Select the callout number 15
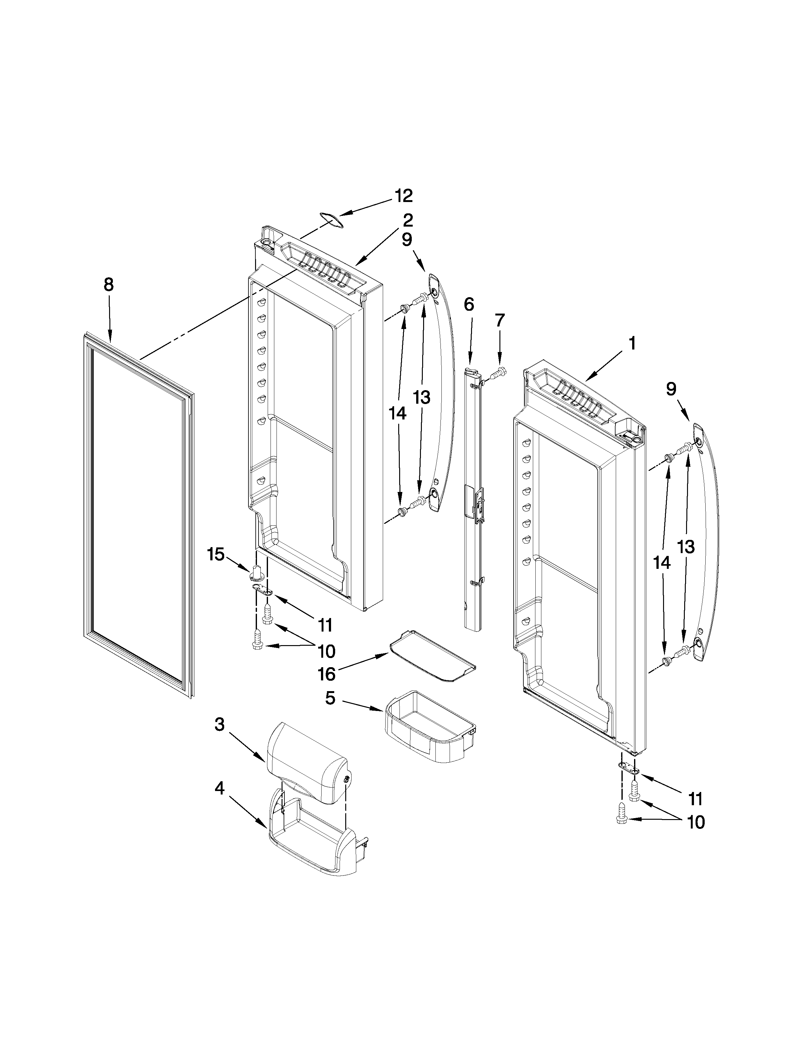[215, 554]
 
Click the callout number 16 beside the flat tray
[327, 674]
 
